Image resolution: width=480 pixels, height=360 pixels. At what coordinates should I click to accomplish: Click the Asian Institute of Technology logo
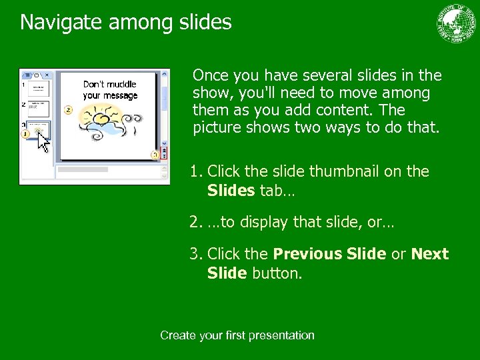457,24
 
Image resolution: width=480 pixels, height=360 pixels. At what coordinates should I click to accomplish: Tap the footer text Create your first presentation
237,335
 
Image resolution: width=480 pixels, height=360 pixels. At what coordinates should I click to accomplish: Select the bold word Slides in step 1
231,191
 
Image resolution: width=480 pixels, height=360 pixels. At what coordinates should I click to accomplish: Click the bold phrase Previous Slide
329,254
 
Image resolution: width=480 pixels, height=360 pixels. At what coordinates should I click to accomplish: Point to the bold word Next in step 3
430,254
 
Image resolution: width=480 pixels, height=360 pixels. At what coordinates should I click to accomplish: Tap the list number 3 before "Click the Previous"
195,254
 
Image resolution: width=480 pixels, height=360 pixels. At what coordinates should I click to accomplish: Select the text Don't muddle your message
110,90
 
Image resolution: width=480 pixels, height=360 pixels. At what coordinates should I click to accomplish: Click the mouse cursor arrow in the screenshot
43,141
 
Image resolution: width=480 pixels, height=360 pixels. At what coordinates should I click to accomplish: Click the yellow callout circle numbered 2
68,109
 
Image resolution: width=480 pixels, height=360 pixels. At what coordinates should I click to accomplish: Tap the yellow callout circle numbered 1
25,134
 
